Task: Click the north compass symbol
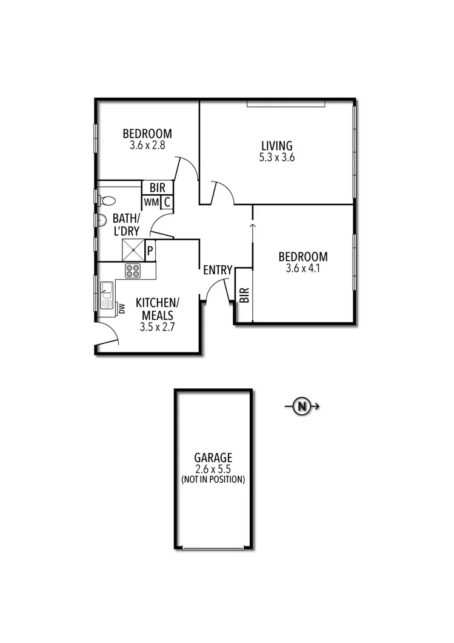point(301,406)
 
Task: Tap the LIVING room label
point(276,146)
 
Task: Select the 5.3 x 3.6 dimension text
point(276,157)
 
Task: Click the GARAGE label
point(213,458)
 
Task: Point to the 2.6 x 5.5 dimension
point(213,469)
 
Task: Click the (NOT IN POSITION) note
point(213,479)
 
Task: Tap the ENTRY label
point(218,270)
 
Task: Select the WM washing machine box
point(151,202)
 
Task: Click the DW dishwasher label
point(121,309)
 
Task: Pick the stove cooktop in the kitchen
point(133,271)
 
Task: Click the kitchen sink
point(107,295)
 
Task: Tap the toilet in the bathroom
point(107,200)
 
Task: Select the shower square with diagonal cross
point(133,250)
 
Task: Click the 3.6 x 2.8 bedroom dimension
point(147,146)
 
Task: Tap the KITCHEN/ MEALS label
point(156,309)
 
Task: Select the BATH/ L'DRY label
point(126,224)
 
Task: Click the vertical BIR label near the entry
point(244,295)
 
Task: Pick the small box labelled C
point(167,202)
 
